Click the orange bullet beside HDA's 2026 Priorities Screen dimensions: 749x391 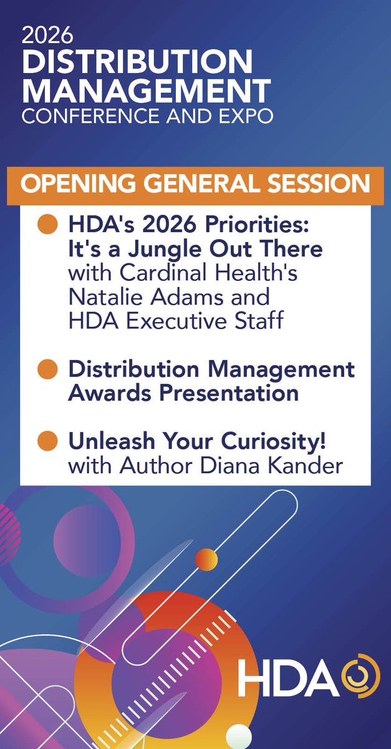48,225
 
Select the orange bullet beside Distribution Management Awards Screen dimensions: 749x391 48,369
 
